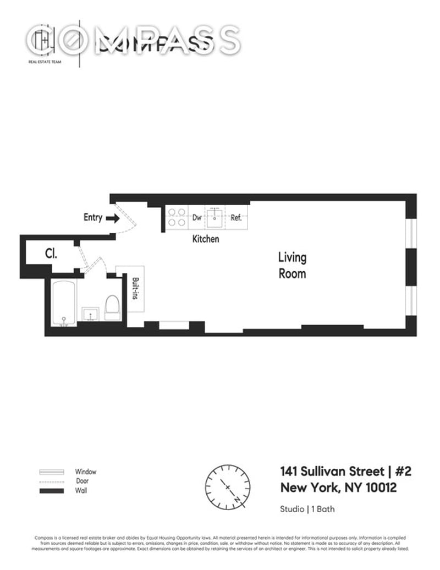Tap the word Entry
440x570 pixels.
tap(92, 217)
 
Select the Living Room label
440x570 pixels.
tap(292, 265)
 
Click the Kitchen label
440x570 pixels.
tap(205, 239)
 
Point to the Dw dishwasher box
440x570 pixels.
tap(196, 217)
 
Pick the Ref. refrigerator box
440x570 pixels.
tap(237, 217)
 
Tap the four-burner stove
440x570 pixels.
tap(176, 217)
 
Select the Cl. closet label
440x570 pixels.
tap(51, 254)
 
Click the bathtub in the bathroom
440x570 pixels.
tap(63, 303)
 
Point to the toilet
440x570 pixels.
tap(112, 307)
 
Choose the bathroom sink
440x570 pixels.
tap(90, 313)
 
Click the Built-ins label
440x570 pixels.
tap(135, 288)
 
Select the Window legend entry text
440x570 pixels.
tap(86, 472)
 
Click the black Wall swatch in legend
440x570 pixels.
tap(52, 490)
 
